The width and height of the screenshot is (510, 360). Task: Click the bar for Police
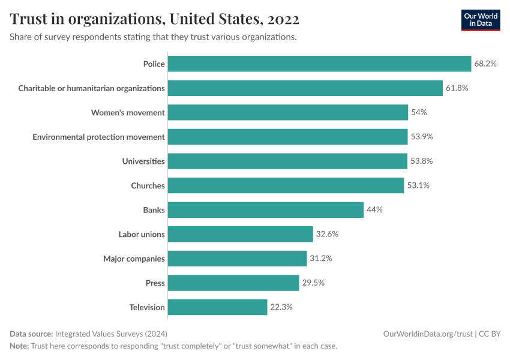(319, 64)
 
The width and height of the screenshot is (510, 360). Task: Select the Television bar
(217, 307)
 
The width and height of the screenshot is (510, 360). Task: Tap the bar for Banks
(265, 210)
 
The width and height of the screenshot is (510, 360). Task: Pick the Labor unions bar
(240, 234)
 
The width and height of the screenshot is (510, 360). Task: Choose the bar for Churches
(286, 185)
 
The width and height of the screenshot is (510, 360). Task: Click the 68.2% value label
(485, 64)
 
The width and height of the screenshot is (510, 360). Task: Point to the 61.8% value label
(457, 88)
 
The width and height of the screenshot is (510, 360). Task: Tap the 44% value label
(374, 210)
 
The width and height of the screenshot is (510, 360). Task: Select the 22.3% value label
(281, 307)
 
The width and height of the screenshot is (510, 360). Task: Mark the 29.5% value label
(313, 283)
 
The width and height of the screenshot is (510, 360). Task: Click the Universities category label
(143, 161)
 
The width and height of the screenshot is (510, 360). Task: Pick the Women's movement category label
(128, 113)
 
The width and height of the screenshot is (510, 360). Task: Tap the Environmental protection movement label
(98, 137)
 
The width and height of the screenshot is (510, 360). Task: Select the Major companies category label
(134, 259)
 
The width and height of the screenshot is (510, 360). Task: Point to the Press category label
(155, 283)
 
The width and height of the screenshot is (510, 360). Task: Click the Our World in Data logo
(480, 20)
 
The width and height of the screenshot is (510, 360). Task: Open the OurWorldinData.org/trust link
(427, 334)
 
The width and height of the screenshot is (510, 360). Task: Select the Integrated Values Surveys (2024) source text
(111, 334)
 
